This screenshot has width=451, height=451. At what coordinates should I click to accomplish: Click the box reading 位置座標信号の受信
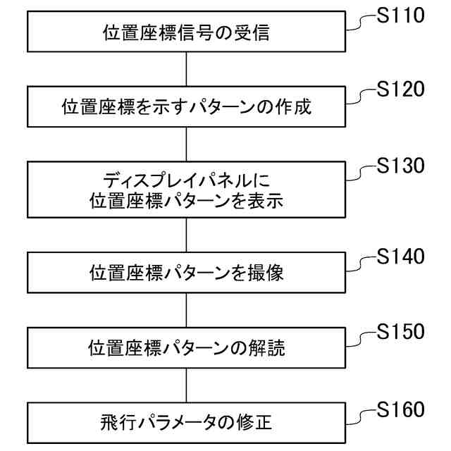tap(187, 32)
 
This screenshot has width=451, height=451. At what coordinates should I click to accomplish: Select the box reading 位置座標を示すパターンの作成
tap(187, 108)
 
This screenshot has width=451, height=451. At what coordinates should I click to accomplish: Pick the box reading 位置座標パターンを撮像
tap(187, 273)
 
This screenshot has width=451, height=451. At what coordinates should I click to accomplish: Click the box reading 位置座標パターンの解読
tap(187, 348)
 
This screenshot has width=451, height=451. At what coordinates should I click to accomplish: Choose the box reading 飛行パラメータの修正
tap(187, 424)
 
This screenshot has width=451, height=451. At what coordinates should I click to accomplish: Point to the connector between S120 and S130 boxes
tap(187, 144)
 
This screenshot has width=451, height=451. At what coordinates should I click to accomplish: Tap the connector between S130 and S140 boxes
tap(187, 236)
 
